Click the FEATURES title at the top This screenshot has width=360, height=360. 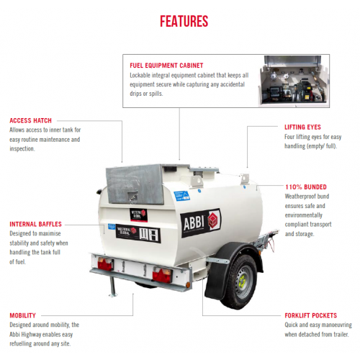tap(184, 21)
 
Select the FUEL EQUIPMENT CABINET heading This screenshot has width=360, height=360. tap(166, 66)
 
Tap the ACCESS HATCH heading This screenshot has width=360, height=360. tap(30, 120)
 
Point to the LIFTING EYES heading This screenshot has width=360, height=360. tap(302, 127)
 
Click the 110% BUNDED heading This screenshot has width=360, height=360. tap(306, 187)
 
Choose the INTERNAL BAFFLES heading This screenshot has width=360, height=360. tap(35, 224)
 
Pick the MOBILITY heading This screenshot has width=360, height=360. tap(22, 315)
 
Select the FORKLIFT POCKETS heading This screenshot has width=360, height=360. tap(311, 315)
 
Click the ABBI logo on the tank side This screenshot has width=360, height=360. tap(200, 222)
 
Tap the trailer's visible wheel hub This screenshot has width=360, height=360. tap(243, 281)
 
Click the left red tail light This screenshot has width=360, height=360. tap(105, 264)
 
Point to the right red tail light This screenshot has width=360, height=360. tap(161, 274)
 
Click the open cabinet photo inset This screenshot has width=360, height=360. tap(294, 81)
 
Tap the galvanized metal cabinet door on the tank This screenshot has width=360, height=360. tap(135, 185)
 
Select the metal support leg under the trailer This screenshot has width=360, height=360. tap(112, 287)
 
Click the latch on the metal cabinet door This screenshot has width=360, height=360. tap(132, 197)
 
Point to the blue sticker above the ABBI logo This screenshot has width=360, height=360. tap(181, 196)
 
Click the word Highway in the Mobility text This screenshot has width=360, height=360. tap(32, 335)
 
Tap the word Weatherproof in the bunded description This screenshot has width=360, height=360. tap(297, 197)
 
